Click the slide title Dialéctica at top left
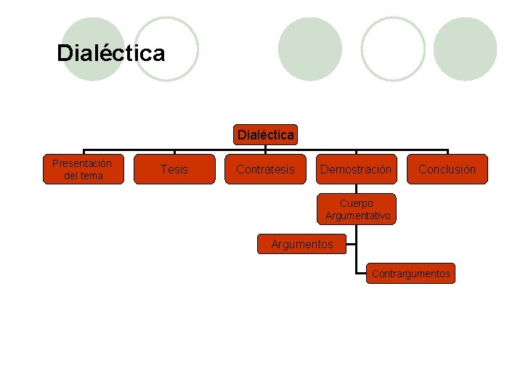[x=110, y=53]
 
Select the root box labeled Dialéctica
[x=266, y=134]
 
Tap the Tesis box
[x=174, y=169]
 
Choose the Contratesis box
[x=266, y=169]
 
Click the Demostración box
[x=356, y=169]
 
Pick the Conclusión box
[x=447, y=169]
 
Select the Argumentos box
[x=302, y=245]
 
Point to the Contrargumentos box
[x=410, y=274]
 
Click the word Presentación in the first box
[x=82, y=163]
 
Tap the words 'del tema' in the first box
[x=82, y=176]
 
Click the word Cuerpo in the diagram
[x=357, y=203]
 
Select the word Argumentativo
[x=357, y=216]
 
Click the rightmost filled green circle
[x=465, y=49]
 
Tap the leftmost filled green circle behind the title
[x=93, y=49]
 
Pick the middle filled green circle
[x=309, y=49]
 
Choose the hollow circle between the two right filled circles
[x=393, y=49]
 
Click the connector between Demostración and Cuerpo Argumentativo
[x=357, y=189]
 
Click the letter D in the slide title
[x=64, y=53]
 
